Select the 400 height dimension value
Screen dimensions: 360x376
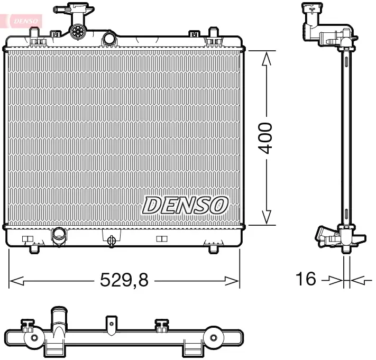point(265,138)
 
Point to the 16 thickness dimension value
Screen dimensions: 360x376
point(305,279)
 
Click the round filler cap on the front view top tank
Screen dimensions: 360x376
point(78,31)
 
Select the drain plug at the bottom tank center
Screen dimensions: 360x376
point(112,241)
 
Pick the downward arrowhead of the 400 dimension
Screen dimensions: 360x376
point(267,217)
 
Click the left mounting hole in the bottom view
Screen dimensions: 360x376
point(34,337)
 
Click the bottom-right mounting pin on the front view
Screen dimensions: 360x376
point(213,248)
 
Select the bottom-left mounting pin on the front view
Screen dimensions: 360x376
point(35,248)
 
